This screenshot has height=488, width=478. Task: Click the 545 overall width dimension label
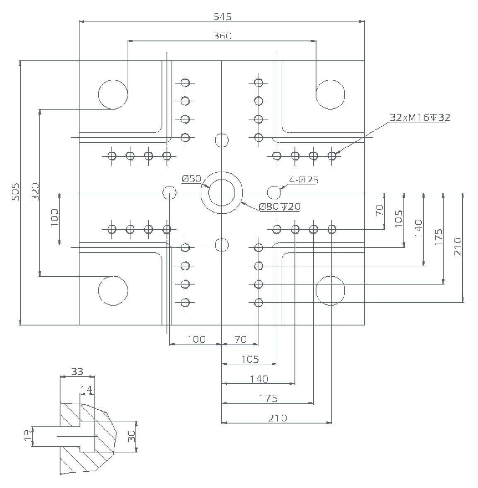coord(222,17)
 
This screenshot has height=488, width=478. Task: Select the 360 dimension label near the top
coord(222,36)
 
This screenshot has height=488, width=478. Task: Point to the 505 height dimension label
coord(16,192)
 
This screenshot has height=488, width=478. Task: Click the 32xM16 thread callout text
coord(420,117)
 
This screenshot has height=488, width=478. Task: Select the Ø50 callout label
coord(191,179)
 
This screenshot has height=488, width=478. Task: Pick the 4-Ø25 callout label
coord(304,180)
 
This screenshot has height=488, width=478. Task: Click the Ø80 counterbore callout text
coord(280,206)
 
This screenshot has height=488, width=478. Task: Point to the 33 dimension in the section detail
coord(77,372)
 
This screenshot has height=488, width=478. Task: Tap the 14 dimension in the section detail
coord(86,390)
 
